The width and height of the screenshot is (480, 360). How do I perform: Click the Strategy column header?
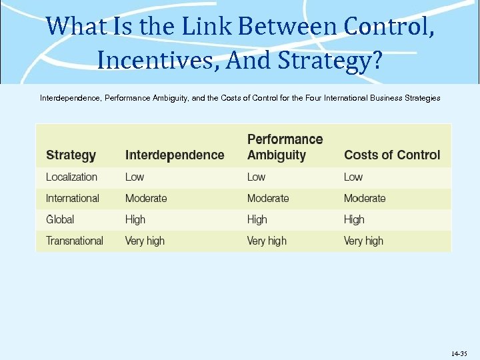pyautogui.click(x=71, y=155)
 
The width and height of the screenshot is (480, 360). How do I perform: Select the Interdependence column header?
pyautogui.click(x=175, y=155)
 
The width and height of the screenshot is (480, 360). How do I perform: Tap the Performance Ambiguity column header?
pyautogui.click(x=285, y=147)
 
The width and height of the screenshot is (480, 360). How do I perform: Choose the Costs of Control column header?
pyautogui.click(x=392, y=155)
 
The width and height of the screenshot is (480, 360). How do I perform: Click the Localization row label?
pyautogui.click(x=71, y=177)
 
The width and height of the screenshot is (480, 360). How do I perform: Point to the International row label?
pyautogui.click(x=72, y=199)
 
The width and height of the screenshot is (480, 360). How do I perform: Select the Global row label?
pyautogui.click(x=60, y=219)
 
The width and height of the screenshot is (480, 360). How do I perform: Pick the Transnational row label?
pyautogui.click(x=74, y=241)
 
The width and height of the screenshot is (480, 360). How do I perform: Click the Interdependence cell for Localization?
pyautogui.click(x=135, y=177)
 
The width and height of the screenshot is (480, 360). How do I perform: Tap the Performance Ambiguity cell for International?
pyautogui.click(x=268, y=199)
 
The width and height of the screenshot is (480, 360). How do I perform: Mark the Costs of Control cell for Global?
pyautogui.click(x=354, y=219)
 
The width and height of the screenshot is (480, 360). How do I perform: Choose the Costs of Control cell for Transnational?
pyautogui.click(x=363, y=241)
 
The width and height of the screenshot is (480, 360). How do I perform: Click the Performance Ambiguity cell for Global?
pyautogui.click(x=257, y=219)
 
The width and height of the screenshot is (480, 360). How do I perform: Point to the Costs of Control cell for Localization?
pyautogui.click(x=353, y=177)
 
